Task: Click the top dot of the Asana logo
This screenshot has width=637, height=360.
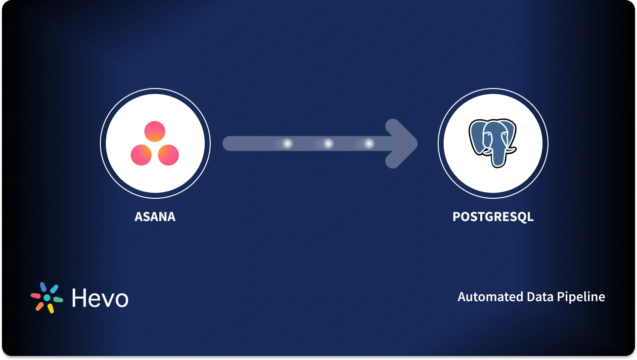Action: click(x=155, y=131)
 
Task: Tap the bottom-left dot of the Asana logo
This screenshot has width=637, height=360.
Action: click(x=141, y=155)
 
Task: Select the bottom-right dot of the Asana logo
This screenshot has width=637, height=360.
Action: click(x=168, y=155)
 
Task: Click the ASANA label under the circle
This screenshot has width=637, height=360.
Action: click(x=155, y=217)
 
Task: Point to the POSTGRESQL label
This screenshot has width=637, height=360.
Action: click(x=493, y=217)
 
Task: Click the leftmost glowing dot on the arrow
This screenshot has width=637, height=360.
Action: click(x=287, y=144)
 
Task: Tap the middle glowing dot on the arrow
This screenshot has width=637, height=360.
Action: click(x=328, y=144)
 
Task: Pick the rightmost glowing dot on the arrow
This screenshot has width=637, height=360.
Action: click(x=369, y=144)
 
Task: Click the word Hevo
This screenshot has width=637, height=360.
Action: click(x=100, y=298)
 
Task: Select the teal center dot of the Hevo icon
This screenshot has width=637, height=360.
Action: click(x=47, y=298)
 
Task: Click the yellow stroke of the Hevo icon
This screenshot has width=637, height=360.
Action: click(x=50, y=308)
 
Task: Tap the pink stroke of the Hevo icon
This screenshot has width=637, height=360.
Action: click(x=36, y=296)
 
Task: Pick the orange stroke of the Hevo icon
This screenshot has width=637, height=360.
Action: click(x=40, y=306)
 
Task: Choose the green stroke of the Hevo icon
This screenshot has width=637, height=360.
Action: click(x=58, y=299)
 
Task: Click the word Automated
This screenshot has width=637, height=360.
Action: click(x=488, y=297)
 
